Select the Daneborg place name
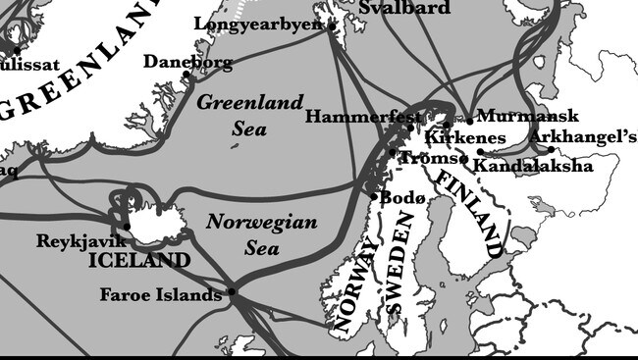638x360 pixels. click(x=187, y=62)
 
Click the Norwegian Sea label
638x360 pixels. click(x=261, y=234)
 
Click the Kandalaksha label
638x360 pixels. click(x=533, y=166)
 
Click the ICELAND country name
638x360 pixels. click(x=139, y=261)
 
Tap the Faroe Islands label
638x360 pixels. click(x=161, y=294)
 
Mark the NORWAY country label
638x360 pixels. click(x=354, y=289)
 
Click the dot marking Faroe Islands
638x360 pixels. click(x=232, y=291)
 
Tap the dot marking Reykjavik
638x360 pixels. click(x=127, y=227)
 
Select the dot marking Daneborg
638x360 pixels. click(x=186, y=75)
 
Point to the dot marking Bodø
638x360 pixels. click(x=374, y=196)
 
